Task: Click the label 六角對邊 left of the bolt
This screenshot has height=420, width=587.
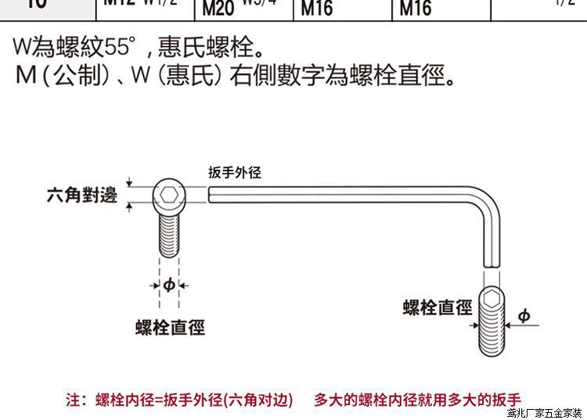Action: pos(81,194)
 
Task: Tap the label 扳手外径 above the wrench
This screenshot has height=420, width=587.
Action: pos(234,173)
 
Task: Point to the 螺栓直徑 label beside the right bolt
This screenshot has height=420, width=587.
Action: pos(438,307)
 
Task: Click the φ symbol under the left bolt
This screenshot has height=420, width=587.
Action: pos(168,285)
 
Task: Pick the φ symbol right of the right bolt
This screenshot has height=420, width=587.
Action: pos(524,316)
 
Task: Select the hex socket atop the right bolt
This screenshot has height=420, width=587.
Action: pos(491,300)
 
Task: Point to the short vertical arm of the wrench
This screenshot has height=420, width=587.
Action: pos(491,242)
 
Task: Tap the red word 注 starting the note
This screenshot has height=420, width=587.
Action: pos(73,400)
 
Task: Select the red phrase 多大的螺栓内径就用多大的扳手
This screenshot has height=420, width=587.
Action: pos(417,400)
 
